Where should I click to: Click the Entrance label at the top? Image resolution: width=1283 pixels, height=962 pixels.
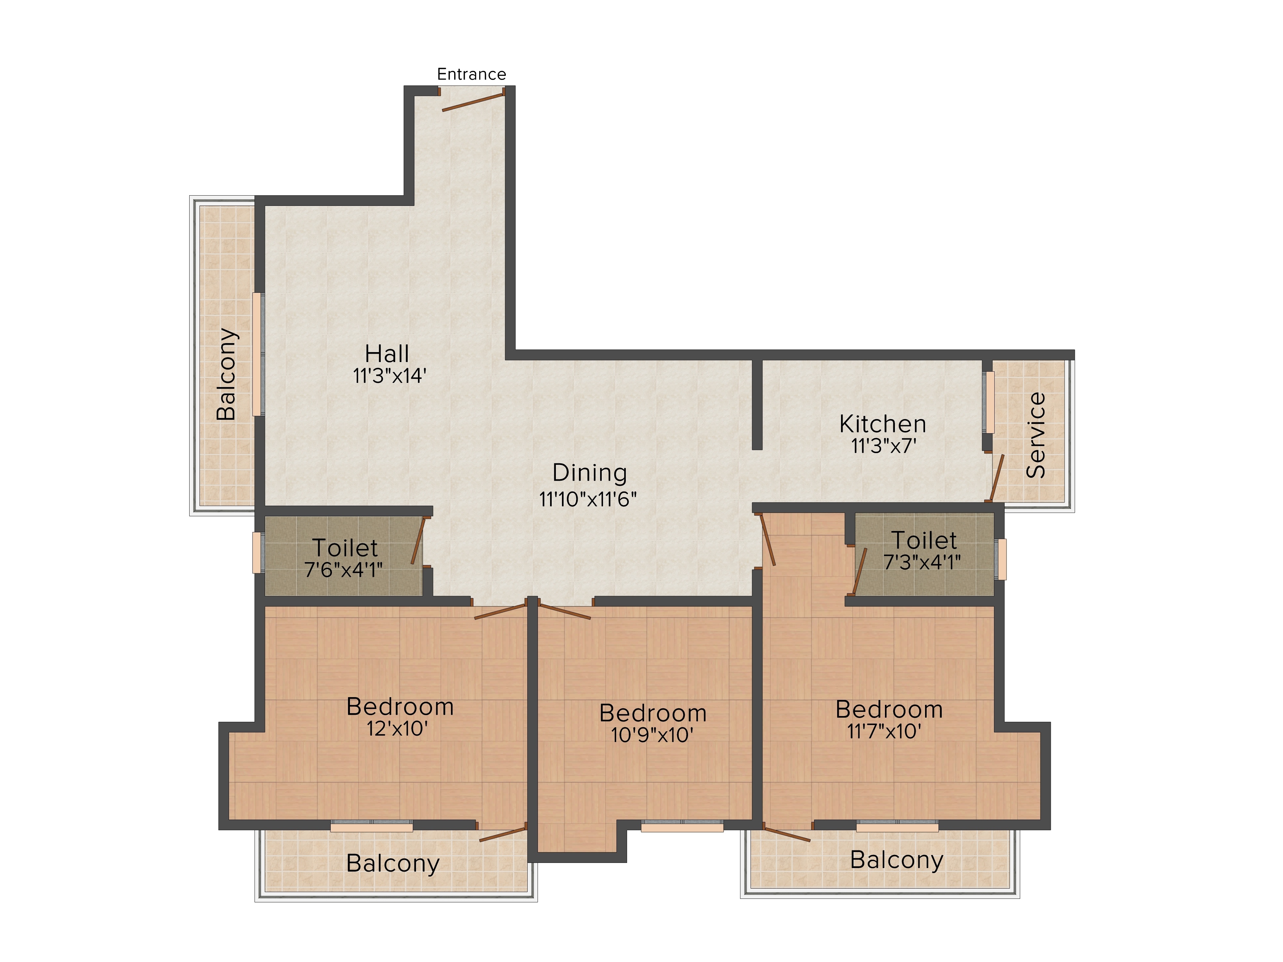pos(471,74)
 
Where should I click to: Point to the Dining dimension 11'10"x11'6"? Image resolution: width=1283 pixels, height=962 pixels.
pos(588,499)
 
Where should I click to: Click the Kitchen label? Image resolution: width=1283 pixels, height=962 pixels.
pos(882,424)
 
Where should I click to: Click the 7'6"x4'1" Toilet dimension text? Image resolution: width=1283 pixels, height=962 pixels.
pos(344,570)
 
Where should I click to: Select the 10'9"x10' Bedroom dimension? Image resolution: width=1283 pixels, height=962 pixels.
pos(652,735)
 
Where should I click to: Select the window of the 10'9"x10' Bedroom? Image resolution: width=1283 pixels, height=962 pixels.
pos(682,826)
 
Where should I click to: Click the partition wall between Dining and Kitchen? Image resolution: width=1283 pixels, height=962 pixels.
pos(757,404)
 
